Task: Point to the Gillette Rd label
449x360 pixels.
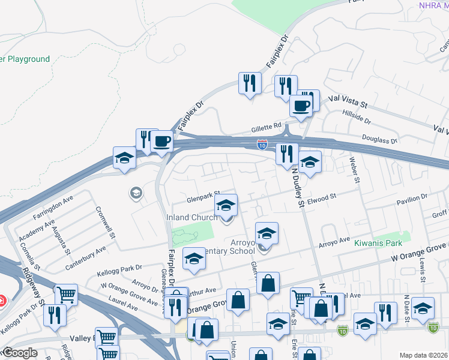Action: click(265, 127)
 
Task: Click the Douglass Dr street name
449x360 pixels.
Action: click(381, 139)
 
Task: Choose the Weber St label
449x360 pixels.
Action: click(354, 170)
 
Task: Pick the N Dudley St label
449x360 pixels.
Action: click(297, 187)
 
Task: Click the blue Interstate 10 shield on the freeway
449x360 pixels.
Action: click(262, 145)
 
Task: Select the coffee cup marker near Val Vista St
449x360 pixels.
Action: click(301, 106)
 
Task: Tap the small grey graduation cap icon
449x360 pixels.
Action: click(136, 193)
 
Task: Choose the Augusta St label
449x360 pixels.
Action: click(61, 239)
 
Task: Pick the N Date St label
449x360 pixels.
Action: click(407, 304)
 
